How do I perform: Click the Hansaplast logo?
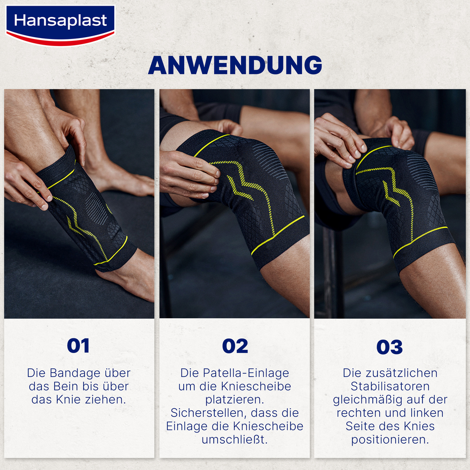[x=60, y=22]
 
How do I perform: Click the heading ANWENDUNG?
[x=235, y=65]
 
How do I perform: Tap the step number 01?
[x=78, y=345]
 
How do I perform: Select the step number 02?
[x=235, y=346]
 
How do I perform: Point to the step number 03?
[x=390, y=347]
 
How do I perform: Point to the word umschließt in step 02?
[x=235, y=440]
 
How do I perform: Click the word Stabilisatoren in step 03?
[x=390, y=386]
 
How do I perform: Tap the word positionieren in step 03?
[x=390, y=440]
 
